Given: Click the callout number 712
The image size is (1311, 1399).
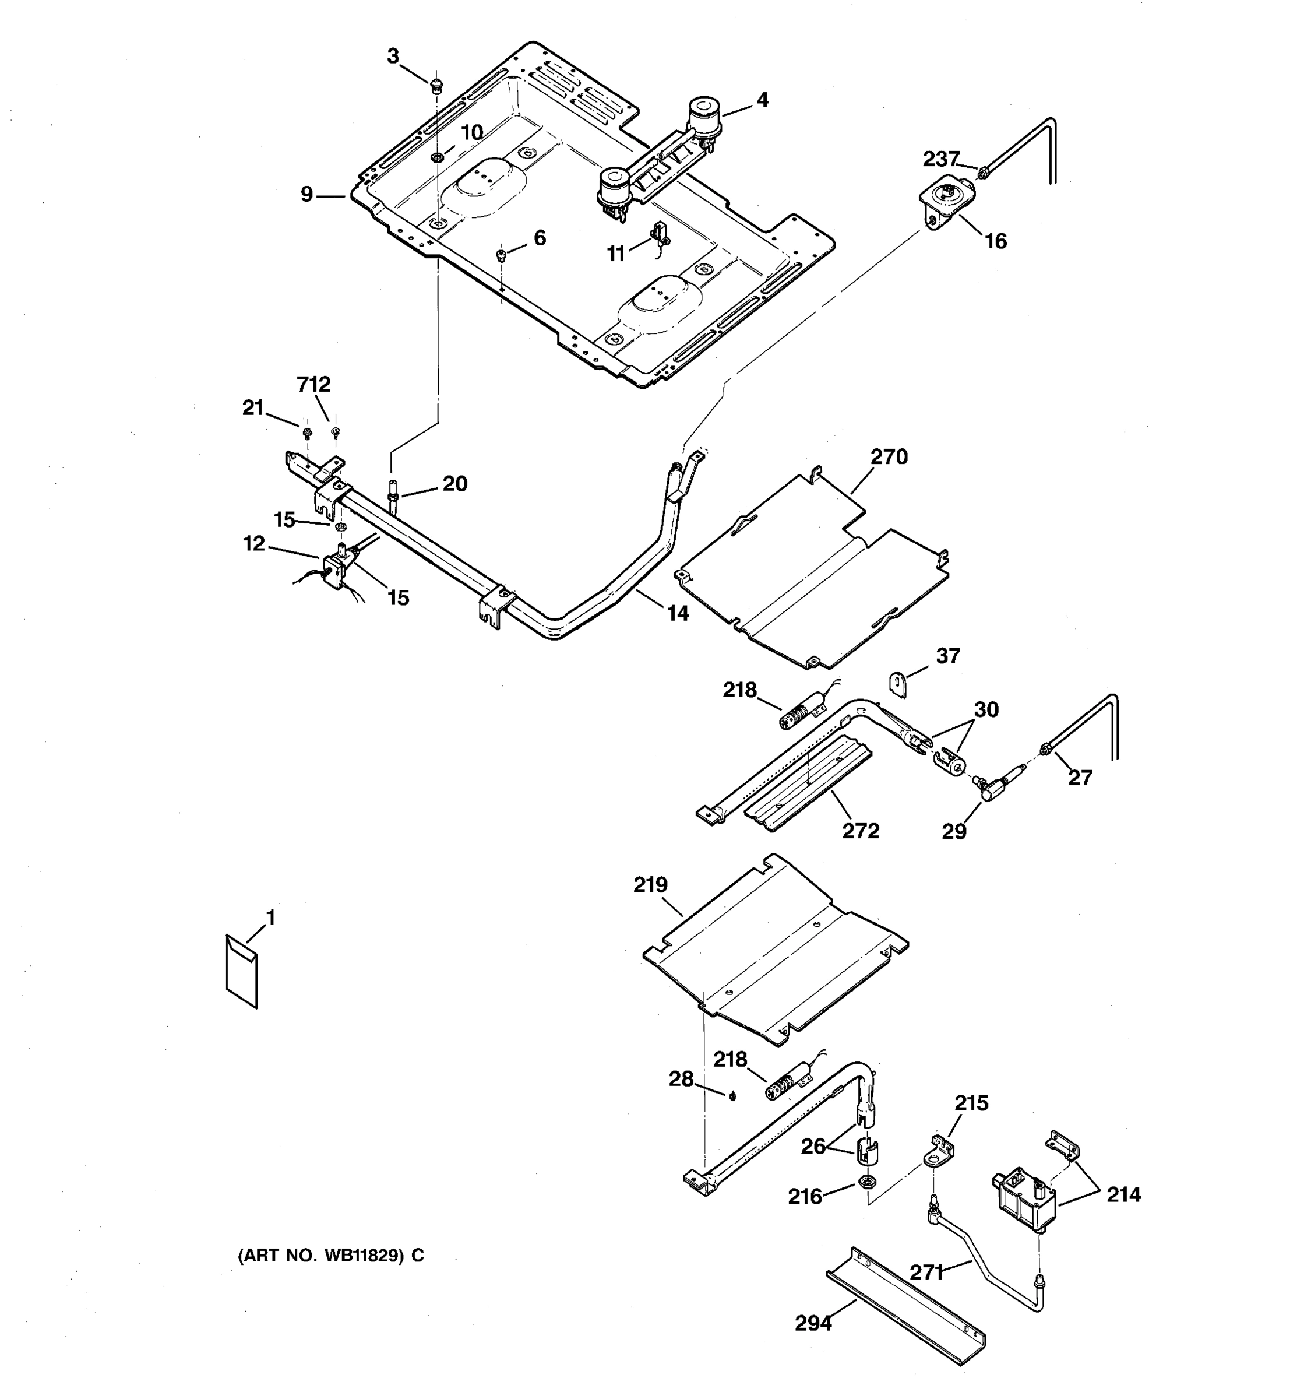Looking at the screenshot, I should pyautogui.click(x=313, y=385).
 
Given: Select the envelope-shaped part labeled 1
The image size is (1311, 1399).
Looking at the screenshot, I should pyautogui.click(x=241, y=972).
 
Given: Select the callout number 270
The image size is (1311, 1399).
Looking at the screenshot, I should pyautogui.click(x=889, y=457).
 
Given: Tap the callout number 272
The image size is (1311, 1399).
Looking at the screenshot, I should pyautogui.click(x=860, y=831).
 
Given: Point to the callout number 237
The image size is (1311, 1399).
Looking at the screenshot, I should pyautogui.click(x=941, y=160).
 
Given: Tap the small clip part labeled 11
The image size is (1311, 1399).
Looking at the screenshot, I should pyautogui.click(x=660, y=234).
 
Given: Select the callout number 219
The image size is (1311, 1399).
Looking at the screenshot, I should pyautogui.click(x=650, y=885).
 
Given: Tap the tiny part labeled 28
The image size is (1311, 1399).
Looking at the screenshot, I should pyautogui.click(x=732, y=1096).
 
